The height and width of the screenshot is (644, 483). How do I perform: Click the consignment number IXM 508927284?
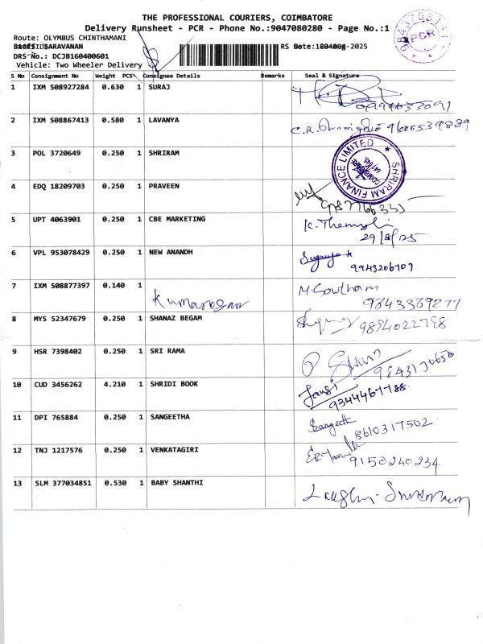[x=60, y=86]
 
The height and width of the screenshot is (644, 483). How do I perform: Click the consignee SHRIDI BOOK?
[x=174, y=384]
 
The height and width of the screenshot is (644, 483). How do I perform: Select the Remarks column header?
[x=273, y=76]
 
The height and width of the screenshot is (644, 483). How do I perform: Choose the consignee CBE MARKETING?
[x=177, y=219]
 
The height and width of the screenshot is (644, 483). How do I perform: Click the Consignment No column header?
[x=56, y=76]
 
